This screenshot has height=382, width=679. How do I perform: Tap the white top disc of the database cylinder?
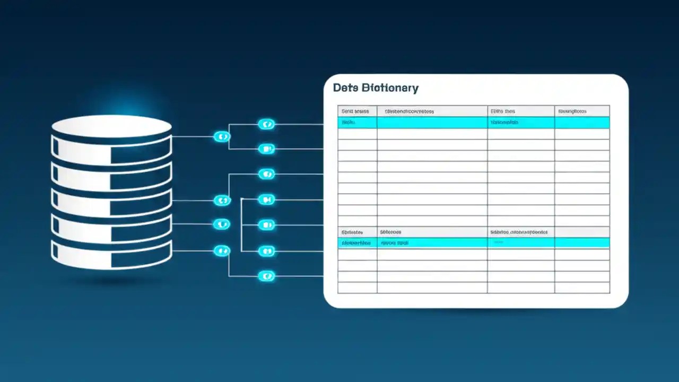[111, 126]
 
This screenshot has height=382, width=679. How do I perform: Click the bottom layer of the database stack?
[111, 254]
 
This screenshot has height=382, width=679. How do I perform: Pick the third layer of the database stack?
[111, 202]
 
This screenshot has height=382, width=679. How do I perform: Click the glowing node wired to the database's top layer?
[222, 137]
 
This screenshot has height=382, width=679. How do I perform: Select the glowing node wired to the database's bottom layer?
[222, 251]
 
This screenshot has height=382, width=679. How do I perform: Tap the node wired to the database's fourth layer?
[222, 224]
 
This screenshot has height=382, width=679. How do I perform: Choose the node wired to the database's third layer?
[222, 201]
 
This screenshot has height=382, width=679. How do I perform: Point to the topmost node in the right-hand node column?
[266, 125]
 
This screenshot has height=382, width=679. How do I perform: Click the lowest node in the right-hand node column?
[266, 276]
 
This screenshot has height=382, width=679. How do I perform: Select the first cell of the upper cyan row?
[357, 123]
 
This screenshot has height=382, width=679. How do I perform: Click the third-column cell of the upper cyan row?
[520, 123]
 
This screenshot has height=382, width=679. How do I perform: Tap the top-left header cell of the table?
[357, 111]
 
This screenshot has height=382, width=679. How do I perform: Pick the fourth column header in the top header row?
[581, 111]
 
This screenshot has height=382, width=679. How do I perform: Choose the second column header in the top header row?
[432, 111]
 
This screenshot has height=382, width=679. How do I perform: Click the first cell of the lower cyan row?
[357, 243]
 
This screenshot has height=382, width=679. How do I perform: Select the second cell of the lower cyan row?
[432, 243]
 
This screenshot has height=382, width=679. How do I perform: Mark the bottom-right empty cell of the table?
[581, 288]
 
